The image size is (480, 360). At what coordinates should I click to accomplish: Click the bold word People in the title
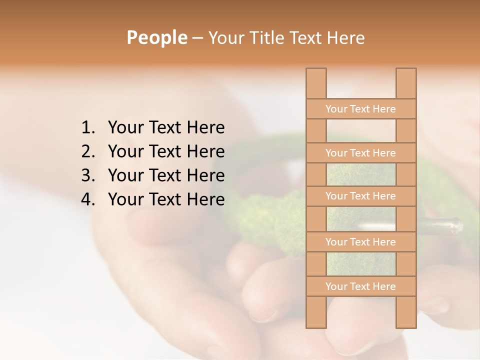[x=156, y=37]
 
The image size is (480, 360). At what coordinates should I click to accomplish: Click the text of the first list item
[x=166, y=128]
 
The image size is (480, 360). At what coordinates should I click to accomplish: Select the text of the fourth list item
[x=166, y=199]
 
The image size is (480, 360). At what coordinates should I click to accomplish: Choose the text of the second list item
[x=166, y=151]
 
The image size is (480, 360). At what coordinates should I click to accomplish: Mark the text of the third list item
[x=166, y=175]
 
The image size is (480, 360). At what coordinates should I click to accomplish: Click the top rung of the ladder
[x=360, y=109]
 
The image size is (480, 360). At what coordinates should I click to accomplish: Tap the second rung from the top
[x=360, y=153]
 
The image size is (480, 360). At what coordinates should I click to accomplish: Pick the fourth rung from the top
[x=360, y=242]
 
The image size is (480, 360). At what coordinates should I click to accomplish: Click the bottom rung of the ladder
[x=360, y=286]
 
